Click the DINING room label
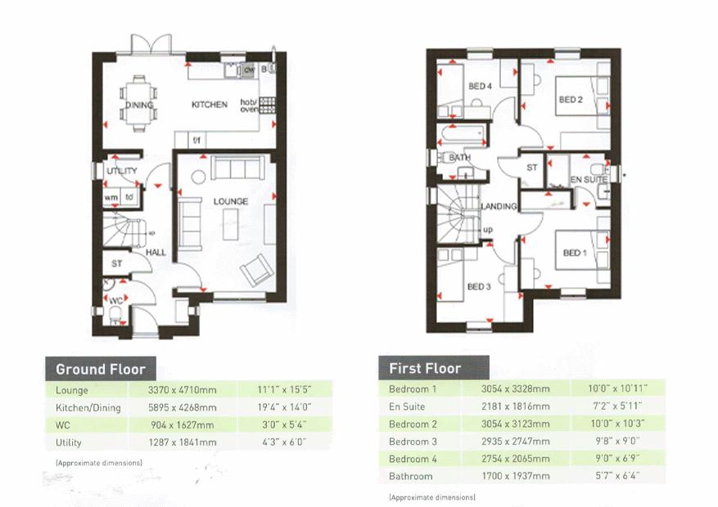pos(139,105)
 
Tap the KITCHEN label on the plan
pos(210,105)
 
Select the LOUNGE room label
pos(230,201)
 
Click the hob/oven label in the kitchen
pos(249,105)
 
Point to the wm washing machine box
pos(111,198)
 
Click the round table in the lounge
pos(198,177)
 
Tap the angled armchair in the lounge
pos(257,270)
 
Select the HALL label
pos(156,253)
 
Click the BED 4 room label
pos(480,87)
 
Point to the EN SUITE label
pos(589,180)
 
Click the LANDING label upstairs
pos(499,207)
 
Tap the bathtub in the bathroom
pos(463,135)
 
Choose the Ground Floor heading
pos(100,369)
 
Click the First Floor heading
pos(425,369)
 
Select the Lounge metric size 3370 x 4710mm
pos(183,390)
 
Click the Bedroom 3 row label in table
pos(413,442)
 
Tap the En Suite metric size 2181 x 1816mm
pos(515,406)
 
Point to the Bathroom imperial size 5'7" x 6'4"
pos(617,476)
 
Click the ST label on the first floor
pos(531,168)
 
